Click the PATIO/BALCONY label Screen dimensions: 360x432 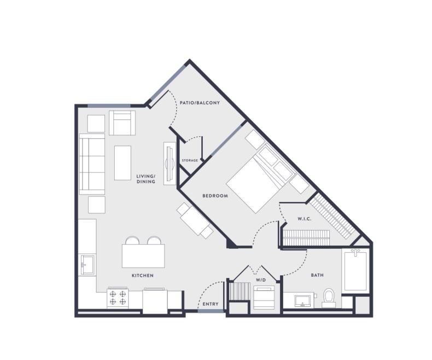(200, 102)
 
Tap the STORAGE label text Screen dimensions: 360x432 (190, 160)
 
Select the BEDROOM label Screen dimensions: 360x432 (215, 196)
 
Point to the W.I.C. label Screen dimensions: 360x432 (305, 219)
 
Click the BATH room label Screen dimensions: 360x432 (318, 275)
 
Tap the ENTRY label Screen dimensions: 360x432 (210, 304)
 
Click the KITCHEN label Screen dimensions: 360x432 (142, 275)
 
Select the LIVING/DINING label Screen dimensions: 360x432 (146, 179)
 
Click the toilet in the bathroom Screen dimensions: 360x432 (329, 297)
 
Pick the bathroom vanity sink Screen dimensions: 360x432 (302, 300)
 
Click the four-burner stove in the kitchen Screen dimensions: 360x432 (118, 298)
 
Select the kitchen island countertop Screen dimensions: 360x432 (143, 256)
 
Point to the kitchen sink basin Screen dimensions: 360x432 (86, 266)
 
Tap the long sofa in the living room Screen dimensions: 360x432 (91, 164)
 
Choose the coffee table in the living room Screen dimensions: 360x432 (122, 162)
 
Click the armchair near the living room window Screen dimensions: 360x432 (122, 123)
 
